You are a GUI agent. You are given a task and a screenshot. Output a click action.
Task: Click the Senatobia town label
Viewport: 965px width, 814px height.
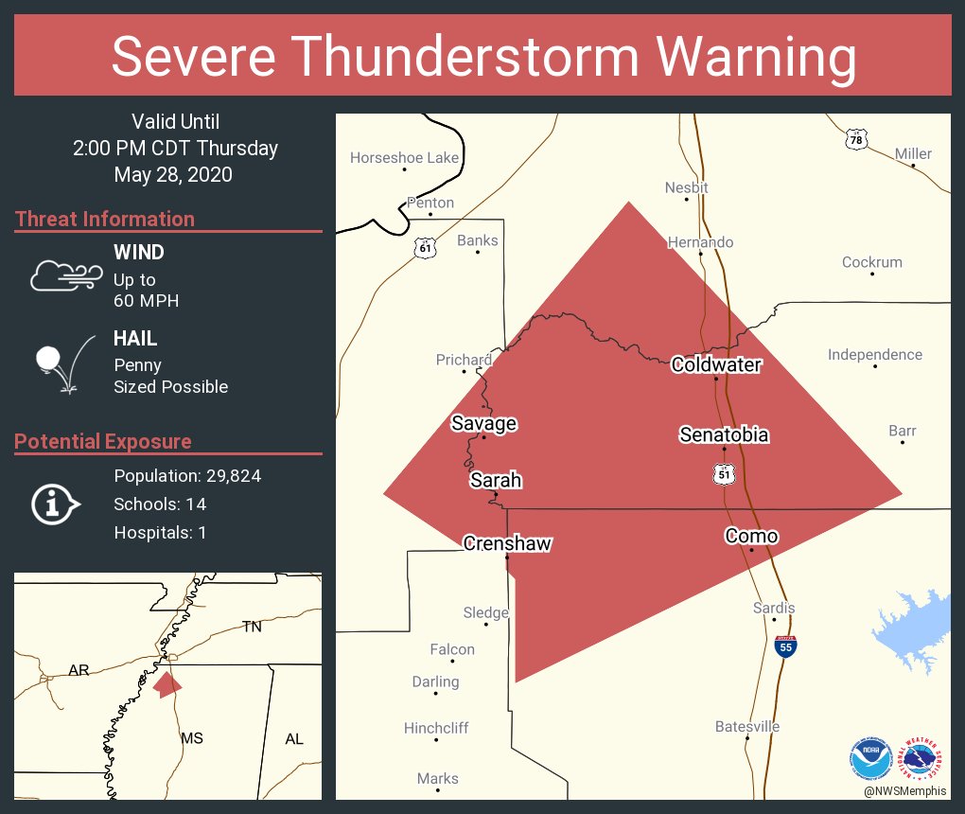(x=724, y=435)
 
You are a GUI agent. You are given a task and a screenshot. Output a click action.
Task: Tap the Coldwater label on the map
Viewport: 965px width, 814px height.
(x=716, y=364)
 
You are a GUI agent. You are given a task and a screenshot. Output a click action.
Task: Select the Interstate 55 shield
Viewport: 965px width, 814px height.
(x=785, y=646)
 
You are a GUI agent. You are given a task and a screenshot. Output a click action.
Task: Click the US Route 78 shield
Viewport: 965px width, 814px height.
(x=856, y=140)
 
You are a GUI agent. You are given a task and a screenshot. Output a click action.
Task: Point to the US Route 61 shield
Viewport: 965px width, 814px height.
(x=426, y=248)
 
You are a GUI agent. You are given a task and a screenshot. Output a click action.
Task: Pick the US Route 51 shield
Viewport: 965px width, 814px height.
(x=725, y=473)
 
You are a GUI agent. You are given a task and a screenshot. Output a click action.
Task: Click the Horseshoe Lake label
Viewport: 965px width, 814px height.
(x=404, y=158)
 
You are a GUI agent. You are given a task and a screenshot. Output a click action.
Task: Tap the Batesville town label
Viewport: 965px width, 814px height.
(x=747, y=727)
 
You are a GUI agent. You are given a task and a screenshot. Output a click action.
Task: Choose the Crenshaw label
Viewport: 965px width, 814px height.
(x=507, y=543)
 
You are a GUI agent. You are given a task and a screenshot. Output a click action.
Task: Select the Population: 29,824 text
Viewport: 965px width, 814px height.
(x=187, y=476)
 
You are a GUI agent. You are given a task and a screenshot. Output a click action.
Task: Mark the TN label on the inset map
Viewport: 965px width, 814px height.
(x=252, y=627)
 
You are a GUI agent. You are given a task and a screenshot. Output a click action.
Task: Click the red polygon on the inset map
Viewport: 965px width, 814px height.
(x=167, y=683)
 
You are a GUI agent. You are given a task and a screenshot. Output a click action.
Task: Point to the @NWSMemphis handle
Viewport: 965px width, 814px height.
(x=905, y=790)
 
